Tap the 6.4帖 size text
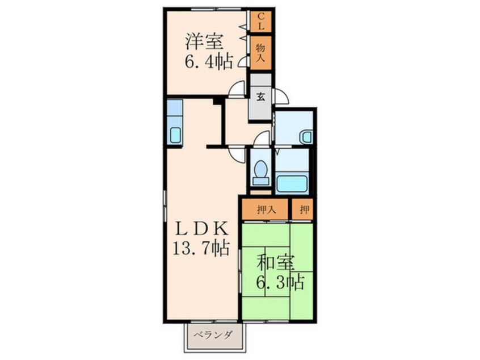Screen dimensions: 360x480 tap(208, 61)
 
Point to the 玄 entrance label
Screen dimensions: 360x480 tap(261, 97)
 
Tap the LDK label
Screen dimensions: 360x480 tap(202, 229)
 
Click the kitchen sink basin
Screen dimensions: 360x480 tap(175, 135)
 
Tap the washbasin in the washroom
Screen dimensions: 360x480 tap(306, 136)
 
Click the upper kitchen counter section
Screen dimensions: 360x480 tap(175, 108)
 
